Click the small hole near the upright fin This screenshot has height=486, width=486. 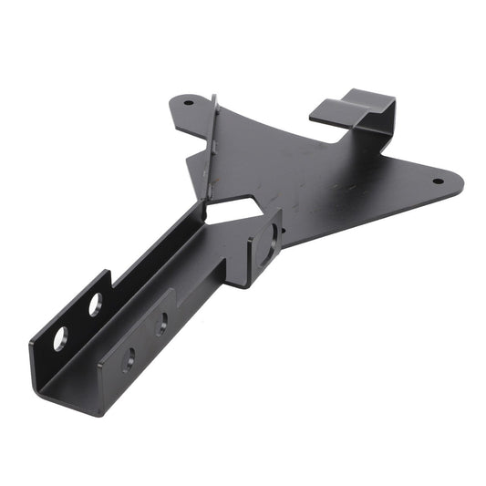[x=189, y=102]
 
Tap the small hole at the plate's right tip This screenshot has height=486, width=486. [x=437, y=181]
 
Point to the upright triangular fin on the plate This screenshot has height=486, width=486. [x=210, y=146]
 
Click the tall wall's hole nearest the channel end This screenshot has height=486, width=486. [x=60, y=338]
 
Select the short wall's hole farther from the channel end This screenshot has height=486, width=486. [x=161, y=321]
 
